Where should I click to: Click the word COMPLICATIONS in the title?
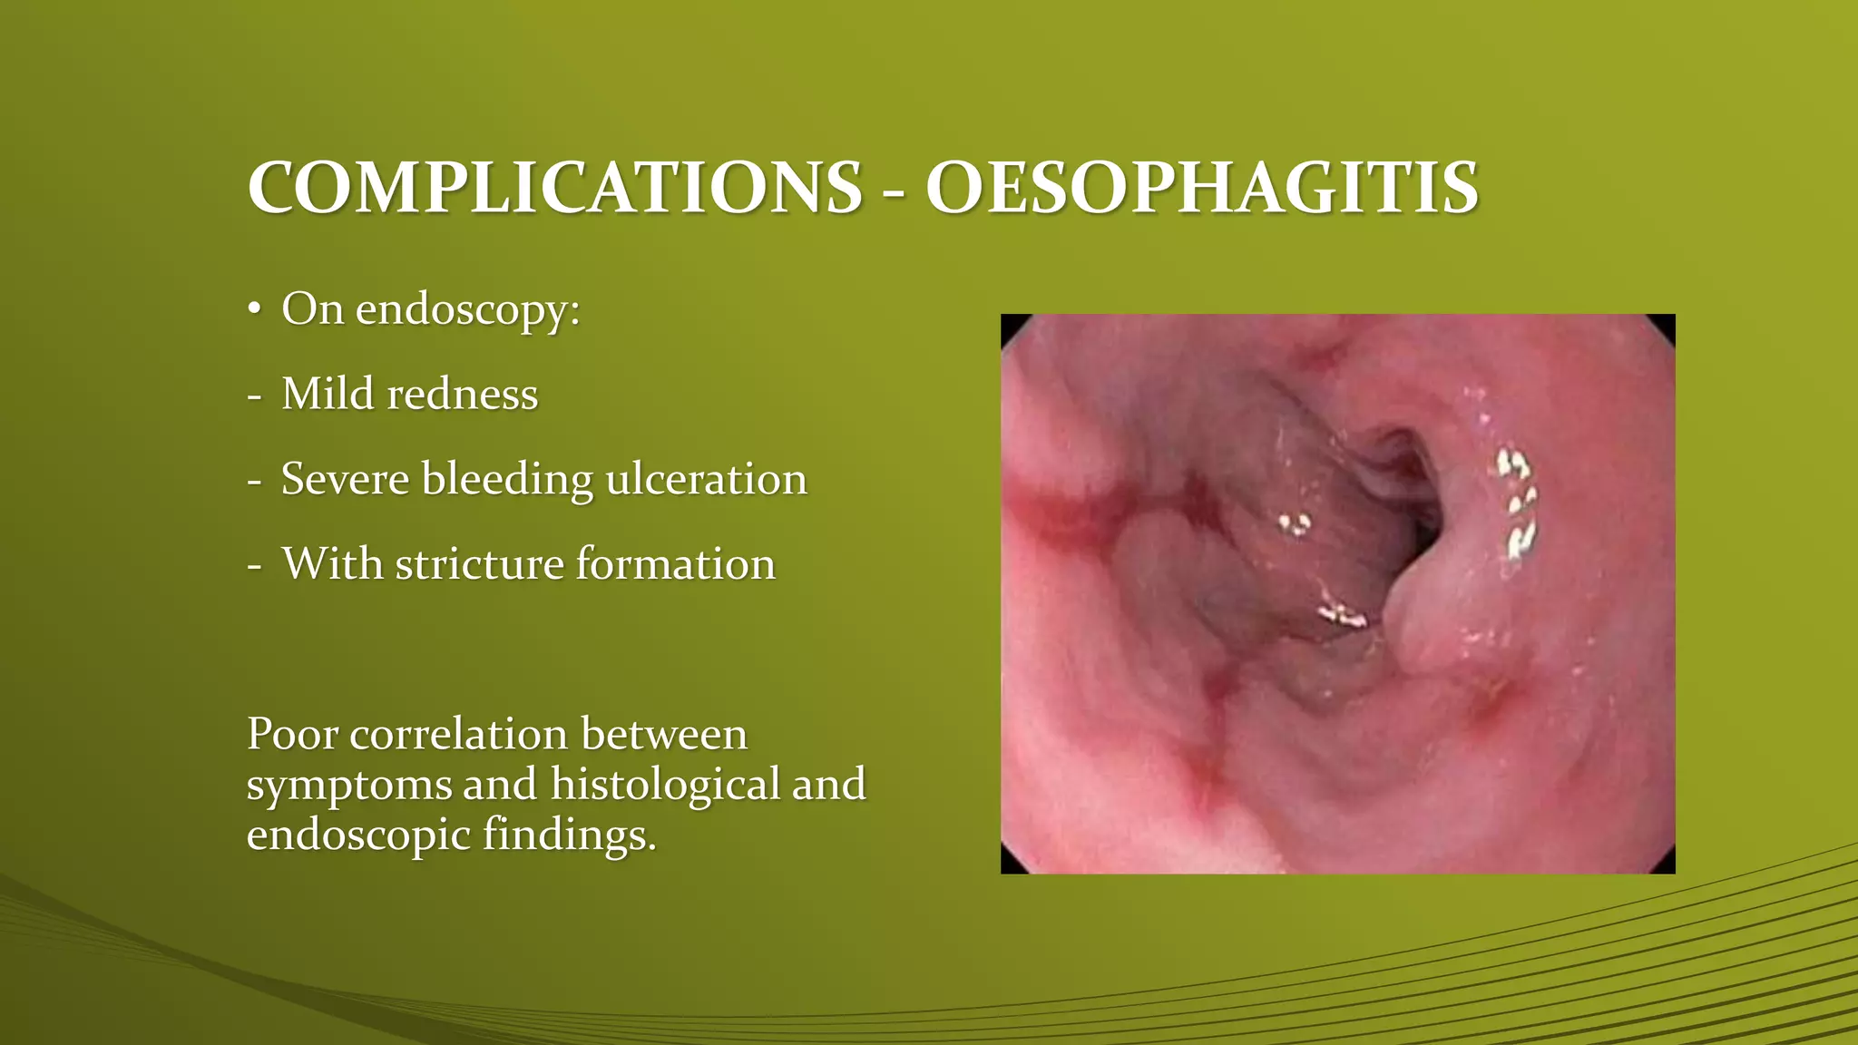pyautogui.click(x=554, y=189)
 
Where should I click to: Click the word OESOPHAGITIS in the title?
pyautogui.click(x=1202, y=189)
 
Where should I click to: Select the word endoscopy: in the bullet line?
pyautogui.click(x=467, y=311)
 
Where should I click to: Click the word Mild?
pyautogui.click(x=327, y=395)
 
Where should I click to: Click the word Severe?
pyautogui.click(x=345, y=479)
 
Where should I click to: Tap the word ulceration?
pyautogui.click(x=706, y=479)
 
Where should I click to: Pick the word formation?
pyautogui.click(x=676, y=564)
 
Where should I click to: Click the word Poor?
pyautogui.click(x=291, y=734)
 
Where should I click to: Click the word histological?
pyautogui.click(x=664, y=785)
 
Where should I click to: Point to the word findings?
pyautogui.click(x=569, y=835)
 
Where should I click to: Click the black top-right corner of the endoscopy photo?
pyautogui.click(x=1667, y=321)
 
